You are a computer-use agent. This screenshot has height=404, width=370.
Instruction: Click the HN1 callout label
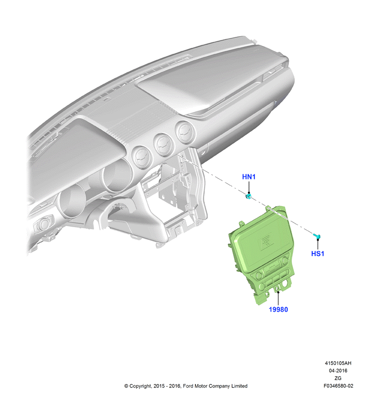pos(248,177)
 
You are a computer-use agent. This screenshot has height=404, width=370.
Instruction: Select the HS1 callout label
pos(318,254)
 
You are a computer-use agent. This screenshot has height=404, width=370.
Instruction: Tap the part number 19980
pos(278,309)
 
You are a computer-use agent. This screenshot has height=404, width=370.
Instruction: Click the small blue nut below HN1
pos(248,197)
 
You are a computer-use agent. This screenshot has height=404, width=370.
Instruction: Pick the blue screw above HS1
pos(317,236)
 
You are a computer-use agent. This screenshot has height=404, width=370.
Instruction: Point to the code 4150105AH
pos(338,363)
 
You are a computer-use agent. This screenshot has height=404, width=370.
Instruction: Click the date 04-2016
pos(338,371)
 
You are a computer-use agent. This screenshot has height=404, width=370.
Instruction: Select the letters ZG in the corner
pos(338,378)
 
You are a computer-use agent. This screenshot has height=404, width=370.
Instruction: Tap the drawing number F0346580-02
pos(338,386)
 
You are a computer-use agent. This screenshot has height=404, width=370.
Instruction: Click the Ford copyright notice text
pos(186,386)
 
